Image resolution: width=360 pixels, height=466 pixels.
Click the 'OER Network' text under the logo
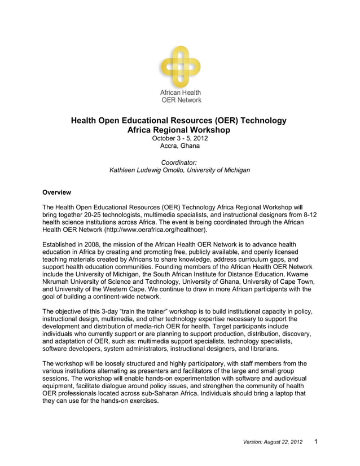click(181, 100)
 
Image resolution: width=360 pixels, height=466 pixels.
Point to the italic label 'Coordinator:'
click(179, 162)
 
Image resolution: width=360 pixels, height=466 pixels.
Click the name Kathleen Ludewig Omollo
click(152, 170)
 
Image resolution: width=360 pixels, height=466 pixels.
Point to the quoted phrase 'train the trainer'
click(153, 312)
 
